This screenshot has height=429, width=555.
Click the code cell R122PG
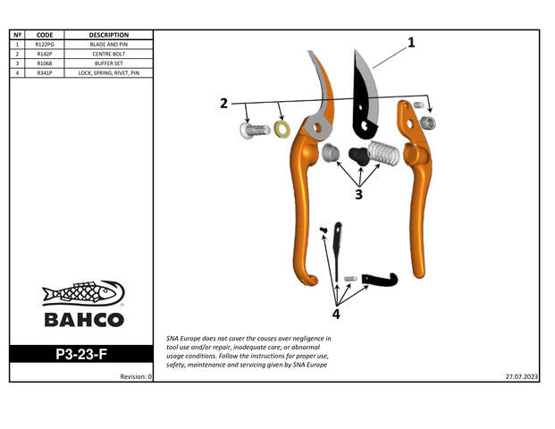point(45,44)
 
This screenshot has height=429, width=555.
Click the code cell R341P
point(45,73)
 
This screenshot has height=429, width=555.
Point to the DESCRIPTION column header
point(109,35)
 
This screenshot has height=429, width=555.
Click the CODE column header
point(45,35)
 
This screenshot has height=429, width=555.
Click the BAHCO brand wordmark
point(83,320)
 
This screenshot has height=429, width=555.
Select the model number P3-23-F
point(82,354)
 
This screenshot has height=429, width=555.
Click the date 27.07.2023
point(520,376)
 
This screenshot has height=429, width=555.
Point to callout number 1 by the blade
point(411,42)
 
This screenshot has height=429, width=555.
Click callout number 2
point(223,103)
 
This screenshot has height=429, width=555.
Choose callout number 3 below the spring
point(358,194)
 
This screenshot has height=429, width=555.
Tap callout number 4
point(336,313)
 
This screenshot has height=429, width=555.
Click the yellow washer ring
point(282,130)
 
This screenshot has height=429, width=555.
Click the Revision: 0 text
point(137,376)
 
